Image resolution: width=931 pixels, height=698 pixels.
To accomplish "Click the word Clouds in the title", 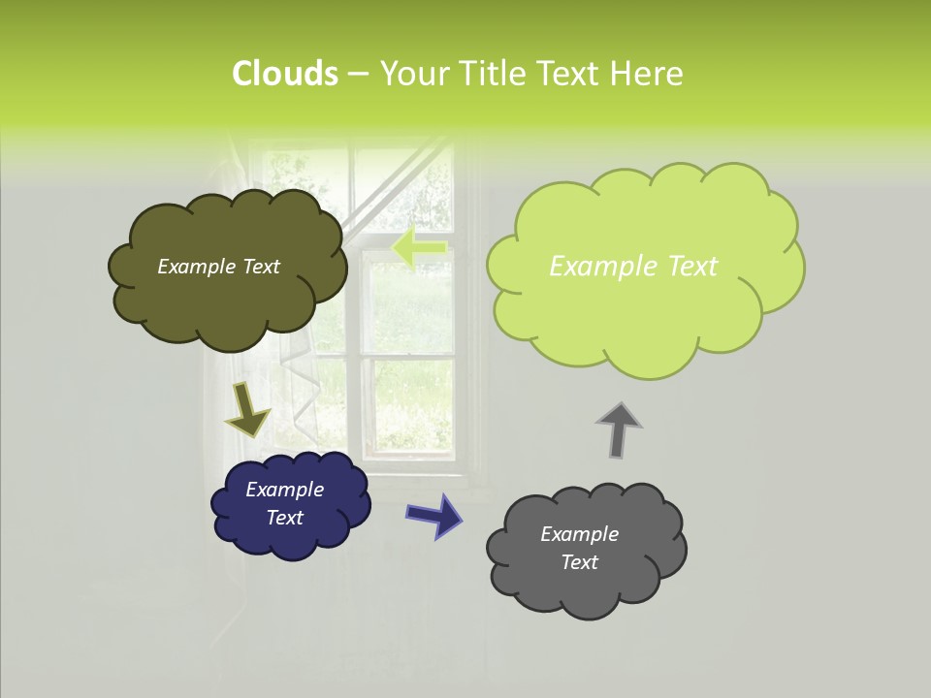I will pos(284,74).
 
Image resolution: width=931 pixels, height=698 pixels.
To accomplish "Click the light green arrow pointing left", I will pos(419,247).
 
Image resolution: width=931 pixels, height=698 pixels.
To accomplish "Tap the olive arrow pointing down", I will pos(247,410).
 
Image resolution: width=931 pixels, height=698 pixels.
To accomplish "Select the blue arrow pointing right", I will pos(433,515).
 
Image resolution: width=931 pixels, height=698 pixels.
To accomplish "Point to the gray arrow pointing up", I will pos(618,429).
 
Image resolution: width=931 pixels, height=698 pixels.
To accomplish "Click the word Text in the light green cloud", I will pos(685,267).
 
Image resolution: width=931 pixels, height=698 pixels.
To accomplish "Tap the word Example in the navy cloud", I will pos(284,490).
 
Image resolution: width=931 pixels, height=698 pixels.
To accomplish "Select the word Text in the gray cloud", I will pos(579,562).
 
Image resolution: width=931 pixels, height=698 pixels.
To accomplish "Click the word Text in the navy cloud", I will pos(284,518).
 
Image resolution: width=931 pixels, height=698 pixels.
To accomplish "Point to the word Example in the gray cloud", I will pos(579,534).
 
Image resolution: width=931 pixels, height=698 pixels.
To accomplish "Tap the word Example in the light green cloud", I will pos(596,267).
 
